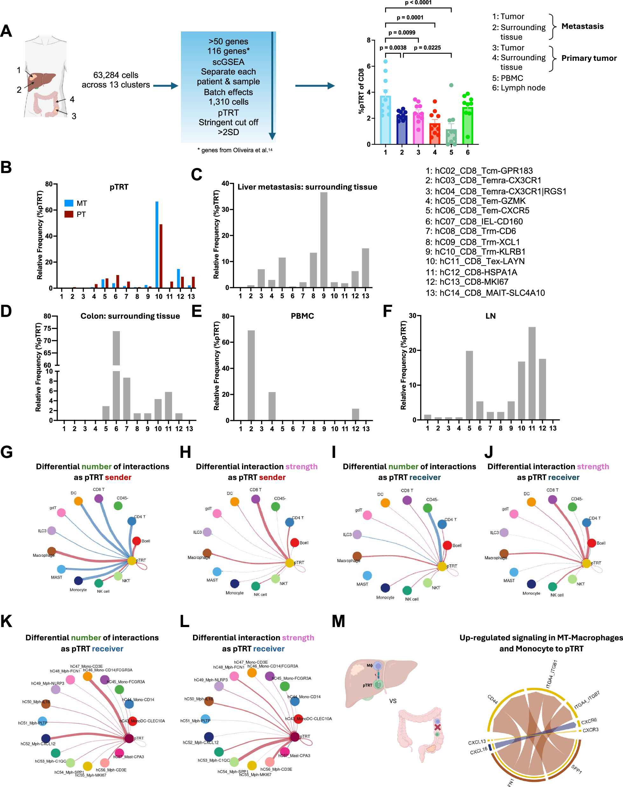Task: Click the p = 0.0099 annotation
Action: click(402, 32)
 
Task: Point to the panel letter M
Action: click(338, 621)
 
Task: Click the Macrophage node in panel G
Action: click(52, 551)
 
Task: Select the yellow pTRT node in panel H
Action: click(290, 563)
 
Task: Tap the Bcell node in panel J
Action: click(592, 543)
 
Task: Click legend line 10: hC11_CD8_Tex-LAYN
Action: click(475, 261)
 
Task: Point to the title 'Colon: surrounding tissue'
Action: click(130, 316)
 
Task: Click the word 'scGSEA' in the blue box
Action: click(228, 62)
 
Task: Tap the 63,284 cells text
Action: click(116, 75)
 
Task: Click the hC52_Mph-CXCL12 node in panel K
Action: click(45, 738)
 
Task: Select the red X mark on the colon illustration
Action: click(437, 727)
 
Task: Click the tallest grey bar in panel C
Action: click(323, 240)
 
